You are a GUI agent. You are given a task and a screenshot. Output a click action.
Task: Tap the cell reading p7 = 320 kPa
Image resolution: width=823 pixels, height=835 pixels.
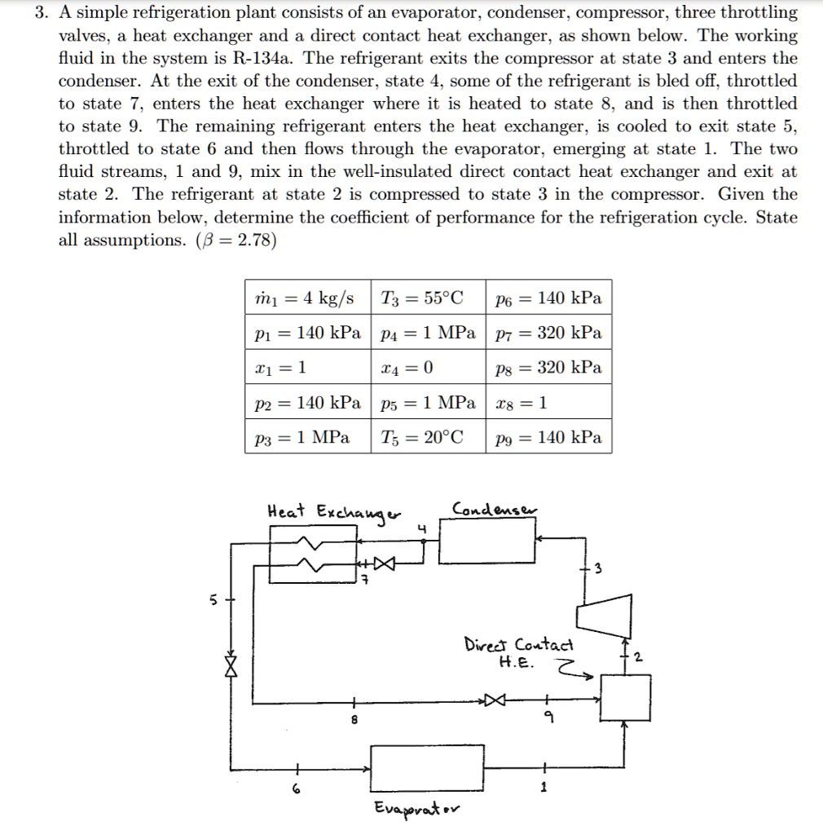[x=548, y=333]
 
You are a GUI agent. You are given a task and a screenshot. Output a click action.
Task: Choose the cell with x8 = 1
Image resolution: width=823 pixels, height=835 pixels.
[x=548, y=403]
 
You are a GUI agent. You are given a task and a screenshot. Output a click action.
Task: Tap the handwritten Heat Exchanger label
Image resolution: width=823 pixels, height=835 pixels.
[x=334, y=514]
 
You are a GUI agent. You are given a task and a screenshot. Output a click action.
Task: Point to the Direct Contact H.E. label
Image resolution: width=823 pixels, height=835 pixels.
[x=518, y=652]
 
